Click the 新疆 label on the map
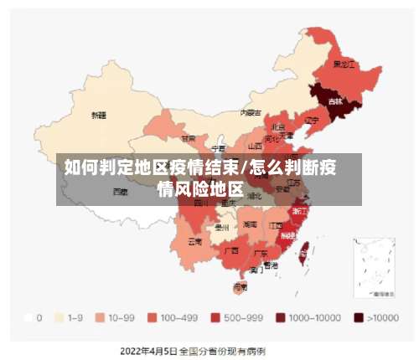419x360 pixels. point(99,115)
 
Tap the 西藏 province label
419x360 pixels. point(121,191)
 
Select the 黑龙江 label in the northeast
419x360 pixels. point(344,64)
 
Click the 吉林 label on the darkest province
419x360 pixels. point(335,101)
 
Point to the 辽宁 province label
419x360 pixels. point(312,121)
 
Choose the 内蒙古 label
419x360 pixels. point(251,112)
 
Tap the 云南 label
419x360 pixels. point(194,241)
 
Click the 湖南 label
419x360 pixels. point(250,224)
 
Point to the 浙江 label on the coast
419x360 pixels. point(299,212)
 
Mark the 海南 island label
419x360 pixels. point(240,286)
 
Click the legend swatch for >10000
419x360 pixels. point(358,317)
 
